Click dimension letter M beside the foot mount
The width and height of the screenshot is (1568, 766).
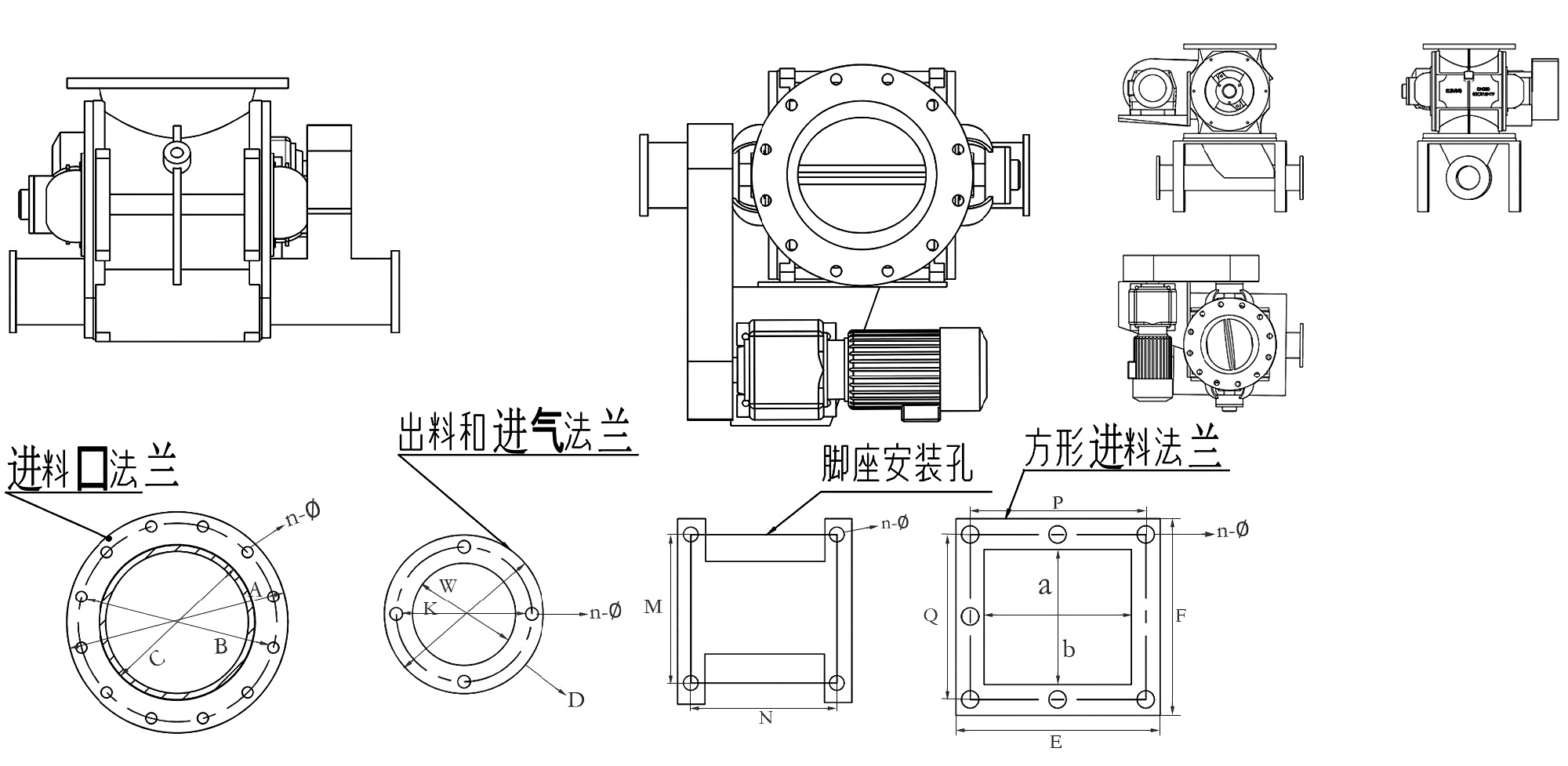[x=653, y=606]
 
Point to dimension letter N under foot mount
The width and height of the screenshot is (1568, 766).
[x=766, y=717]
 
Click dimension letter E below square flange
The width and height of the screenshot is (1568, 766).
[x=1056, y=742]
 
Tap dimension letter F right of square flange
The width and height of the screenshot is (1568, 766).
[x=1181, y=616]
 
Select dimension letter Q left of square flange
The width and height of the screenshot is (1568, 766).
[x=931, y=616]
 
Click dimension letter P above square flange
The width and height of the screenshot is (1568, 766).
[x=1058, y=503]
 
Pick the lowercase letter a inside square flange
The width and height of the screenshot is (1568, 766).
[x=1044, y=585]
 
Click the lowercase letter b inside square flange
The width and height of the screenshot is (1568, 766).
[x=1069, y=649]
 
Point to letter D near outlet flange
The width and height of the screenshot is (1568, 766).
[x=576, y=700]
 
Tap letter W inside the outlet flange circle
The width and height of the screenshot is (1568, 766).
[x=448, y=585]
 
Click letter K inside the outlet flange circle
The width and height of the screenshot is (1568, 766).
[x=430, y=608]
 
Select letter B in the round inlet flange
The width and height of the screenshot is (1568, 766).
[x=221, y=646]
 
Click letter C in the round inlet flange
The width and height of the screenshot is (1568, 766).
[x=157, y=659]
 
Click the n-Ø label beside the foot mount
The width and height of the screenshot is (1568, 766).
[x=895, y=522]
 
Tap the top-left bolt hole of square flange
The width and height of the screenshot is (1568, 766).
[x=970, y=535]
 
